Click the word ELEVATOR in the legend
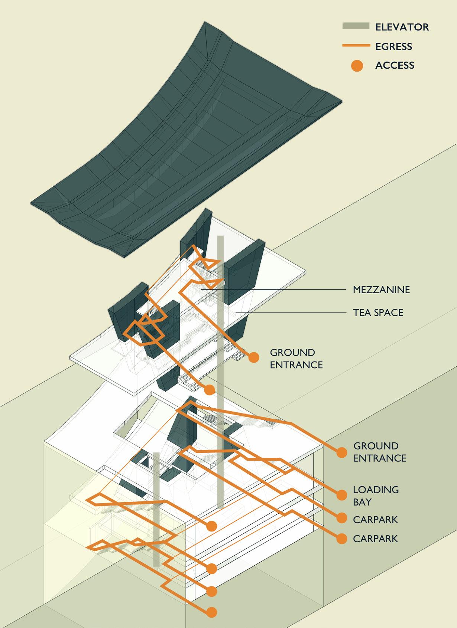402,27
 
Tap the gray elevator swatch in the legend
356,26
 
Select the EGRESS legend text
393,46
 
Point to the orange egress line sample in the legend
356,46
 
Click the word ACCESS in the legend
395,65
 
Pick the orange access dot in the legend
357,66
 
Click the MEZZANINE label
381,290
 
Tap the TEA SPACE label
378,313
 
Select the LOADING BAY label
376,495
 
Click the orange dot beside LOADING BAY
341,494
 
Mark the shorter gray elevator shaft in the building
156,508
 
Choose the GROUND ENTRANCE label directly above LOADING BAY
379,452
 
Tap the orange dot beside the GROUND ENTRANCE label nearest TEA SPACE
254,357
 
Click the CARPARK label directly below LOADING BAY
375,520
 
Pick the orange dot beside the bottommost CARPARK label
341,539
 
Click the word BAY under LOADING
362,502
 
